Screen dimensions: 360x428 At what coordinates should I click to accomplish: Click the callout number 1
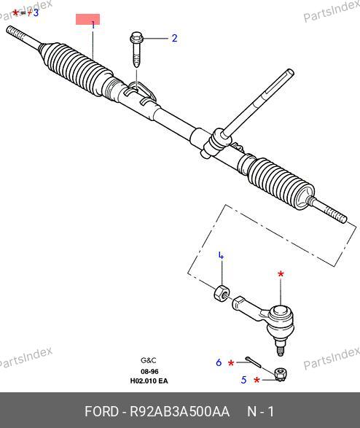point(93,25)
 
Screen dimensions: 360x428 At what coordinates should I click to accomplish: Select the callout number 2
point(175,38)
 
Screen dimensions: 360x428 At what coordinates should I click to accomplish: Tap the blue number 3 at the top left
point(36,13)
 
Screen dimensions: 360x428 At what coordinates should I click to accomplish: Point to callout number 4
point(222,256)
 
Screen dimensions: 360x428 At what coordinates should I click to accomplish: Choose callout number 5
point(243,380)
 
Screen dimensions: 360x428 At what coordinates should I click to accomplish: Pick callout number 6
point(219,362)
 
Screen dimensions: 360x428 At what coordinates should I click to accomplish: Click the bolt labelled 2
point(136,50)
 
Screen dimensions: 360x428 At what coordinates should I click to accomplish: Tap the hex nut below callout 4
point(221,292)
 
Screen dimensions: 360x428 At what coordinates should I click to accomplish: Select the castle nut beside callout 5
point(281,375)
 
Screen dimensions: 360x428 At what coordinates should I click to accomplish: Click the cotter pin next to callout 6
point(253,362)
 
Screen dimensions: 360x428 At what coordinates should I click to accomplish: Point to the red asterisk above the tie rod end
point(281,273)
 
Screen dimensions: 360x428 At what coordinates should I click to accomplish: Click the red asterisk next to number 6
point(231,363)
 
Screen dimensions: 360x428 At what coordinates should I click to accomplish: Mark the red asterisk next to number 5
point(257,380)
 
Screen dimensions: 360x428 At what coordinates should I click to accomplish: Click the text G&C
point(149,360)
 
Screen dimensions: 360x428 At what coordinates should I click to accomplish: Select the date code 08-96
point(149,372)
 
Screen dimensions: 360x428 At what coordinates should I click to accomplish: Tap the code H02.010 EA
point(149,381)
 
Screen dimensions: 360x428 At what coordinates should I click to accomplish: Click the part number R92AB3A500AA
point(179,411)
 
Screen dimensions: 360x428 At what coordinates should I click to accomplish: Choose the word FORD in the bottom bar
point(102,411)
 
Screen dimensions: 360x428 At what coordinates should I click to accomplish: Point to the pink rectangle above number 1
point(87,20)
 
